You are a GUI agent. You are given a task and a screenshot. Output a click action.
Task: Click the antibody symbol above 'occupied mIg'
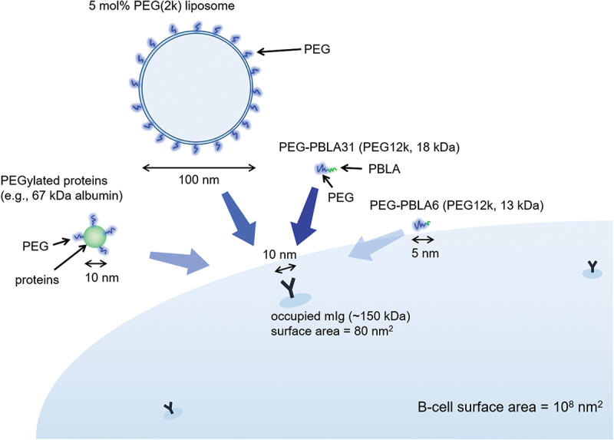click(289, 289)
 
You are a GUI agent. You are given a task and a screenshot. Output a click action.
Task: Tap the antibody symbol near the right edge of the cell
click(592, 268)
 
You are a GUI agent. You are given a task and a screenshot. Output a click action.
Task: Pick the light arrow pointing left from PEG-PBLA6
click(377, 246)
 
